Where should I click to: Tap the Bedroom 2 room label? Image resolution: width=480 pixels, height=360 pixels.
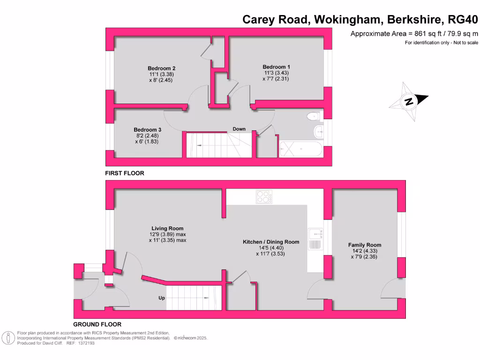pos(161,68)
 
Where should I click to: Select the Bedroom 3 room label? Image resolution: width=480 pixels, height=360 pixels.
pos(148,130)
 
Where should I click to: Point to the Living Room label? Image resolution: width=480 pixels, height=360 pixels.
pos(167,229)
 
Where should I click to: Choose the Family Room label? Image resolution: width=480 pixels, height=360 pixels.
pos(364,245)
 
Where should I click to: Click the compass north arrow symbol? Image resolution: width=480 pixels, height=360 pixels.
pos(409,101)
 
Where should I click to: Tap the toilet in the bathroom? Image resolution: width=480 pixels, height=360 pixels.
pos(312,116)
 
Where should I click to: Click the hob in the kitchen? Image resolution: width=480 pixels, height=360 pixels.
pos(264,197)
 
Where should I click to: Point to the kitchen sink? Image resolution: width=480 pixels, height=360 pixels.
pos(314,239)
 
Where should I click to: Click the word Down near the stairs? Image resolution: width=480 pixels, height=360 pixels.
pos(239,129)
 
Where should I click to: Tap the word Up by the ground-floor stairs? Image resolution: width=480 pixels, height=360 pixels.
pos(161,298)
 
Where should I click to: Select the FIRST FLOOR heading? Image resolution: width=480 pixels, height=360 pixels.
pos(124,173)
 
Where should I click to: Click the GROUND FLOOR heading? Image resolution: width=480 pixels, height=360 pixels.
pos(97,324)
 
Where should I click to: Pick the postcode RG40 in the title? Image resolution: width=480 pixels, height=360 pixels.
pos(463,20)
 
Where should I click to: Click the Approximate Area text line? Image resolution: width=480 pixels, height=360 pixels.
pos(414,33)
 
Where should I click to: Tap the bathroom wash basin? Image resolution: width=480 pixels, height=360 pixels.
pos(319,132)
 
